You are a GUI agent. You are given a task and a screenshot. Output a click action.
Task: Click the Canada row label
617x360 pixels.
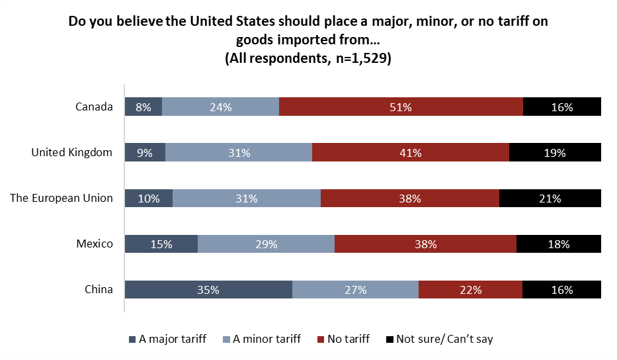[95, 107]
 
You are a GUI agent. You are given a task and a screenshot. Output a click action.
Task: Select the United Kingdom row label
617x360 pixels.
[72, 152]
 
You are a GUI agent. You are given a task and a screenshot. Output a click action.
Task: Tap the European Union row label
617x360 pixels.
[62, 198]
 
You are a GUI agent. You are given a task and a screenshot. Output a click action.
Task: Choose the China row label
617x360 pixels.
[99, 289]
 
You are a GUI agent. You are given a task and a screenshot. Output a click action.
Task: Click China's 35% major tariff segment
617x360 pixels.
[208, 290]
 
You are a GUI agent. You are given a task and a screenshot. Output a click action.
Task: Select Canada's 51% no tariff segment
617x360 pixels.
[401, 107]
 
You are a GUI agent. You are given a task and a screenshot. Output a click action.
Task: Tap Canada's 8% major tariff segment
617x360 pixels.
[144, 107]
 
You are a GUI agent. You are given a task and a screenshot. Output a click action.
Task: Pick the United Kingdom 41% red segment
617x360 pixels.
[410, 153]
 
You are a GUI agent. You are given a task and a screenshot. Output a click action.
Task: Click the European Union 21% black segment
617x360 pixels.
[550, 199]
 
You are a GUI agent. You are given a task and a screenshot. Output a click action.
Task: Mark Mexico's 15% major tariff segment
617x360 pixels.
[161, 244]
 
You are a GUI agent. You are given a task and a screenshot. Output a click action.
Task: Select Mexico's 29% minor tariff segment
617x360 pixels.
[266, 244]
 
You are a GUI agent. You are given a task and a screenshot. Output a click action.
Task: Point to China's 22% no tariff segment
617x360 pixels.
[470, 290]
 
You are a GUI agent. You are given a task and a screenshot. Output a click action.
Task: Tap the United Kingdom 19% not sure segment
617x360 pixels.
[555, 153]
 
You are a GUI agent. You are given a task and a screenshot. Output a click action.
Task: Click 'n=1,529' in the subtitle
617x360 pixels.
[358, 58]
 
